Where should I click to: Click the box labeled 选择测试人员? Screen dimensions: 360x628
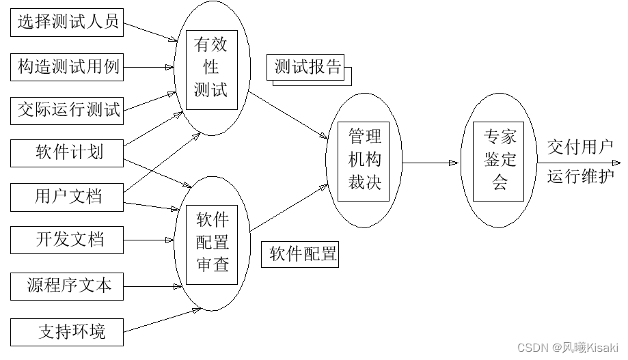pyautogui.click(x=67, y=23)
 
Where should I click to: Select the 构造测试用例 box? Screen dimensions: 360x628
pyautogui.click(x=67, y=67)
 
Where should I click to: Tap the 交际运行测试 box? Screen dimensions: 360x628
pyautogui.click(x=67, y=109)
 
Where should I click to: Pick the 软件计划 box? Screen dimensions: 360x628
pyautogui.click(x=67, y=152)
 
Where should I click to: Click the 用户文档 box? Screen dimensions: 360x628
pyautogui.click(x=67, y=197)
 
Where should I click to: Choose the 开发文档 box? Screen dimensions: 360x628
pyautogui.click(x=67, y=240)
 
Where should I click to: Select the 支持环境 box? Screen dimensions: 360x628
pyautogui.click(x=67, y=332)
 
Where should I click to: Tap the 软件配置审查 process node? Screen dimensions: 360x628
pyautogui.click(x=211, y=243)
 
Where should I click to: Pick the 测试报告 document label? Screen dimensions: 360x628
pyautogui.click(x=308, y=68)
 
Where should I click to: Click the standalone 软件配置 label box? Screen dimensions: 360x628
pyautogui.click(x=301, y=255)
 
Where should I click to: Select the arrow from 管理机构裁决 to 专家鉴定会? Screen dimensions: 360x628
pyautogui.click(x=431, y=163)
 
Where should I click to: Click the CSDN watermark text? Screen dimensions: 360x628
pyautogui.click(x=567, y=347)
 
